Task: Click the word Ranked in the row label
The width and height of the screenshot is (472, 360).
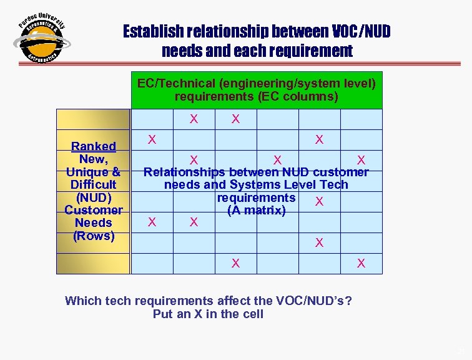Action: [x=93, y=146]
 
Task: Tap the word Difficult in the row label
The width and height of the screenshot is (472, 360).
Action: [x=93, y=184]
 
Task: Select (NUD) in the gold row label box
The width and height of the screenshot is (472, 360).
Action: [x=93, y=197]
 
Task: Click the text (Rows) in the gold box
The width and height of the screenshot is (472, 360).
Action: [x=93, y=236]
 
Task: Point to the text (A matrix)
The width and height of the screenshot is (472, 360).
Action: [x=257, y=211]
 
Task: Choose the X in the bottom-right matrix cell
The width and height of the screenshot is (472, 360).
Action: [x=361, y=264]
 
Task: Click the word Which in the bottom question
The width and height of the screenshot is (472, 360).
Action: [x=82, y=301]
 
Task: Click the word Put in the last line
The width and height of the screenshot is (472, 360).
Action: [x=162, y=314]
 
